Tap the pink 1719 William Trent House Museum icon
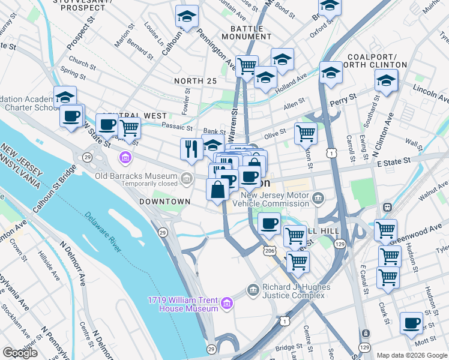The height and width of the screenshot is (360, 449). pos(226,304)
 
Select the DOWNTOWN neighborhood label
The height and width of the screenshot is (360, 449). pos(160,202)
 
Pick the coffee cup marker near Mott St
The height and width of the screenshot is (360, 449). pos(411,323)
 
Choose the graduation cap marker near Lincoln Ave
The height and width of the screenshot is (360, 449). pos(386,80)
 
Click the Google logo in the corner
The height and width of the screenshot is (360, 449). pos(20,353)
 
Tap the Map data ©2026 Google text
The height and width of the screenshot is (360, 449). pos(411,355)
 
